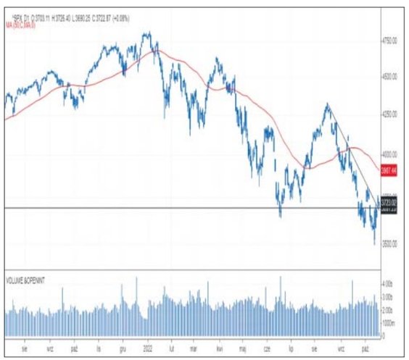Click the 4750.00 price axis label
pos(390,41)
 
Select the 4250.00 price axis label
pos(390,114)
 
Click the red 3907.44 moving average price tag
pos(389,169)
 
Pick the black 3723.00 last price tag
pos(389,206)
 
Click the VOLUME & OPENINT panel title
pos(28,279)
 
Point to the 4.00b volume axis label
pos(388,283)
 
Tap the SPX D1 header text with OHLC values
pos(58,17)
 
